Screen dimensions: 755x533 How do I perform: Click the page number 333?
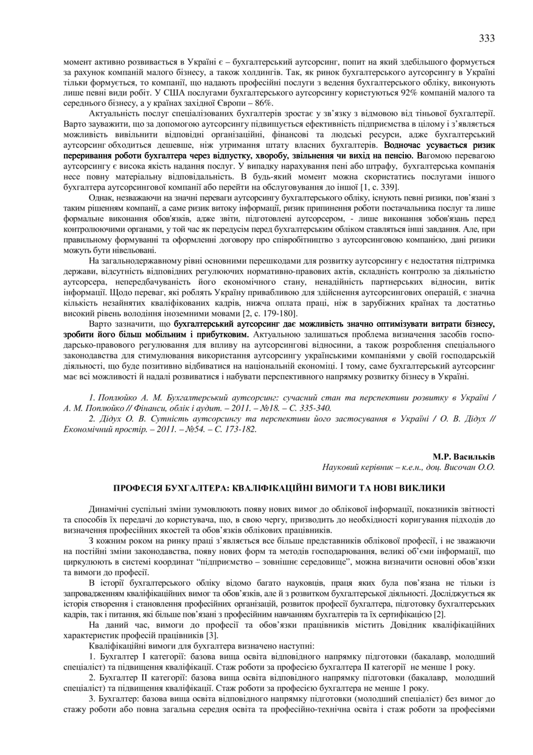click(x=487, y=38)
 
